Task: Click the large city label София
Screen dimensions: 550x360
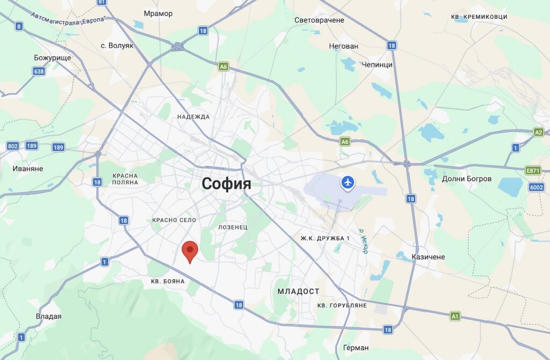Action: [x=226, y=184]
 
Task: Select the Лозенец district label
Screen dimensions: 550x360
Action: [x=233, y=227]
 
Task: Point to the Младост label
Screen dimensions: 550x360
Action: [x=298, y=291]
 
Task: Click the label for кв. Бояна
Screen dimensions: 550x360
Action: [x=168, y=281]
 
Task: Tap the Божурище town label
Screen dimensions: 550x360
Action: [x=52, y=57]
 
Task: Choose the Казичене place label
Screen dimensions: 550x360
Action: [x=428, y=257]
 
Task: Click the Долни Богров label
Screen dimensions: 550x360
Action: [x=467, y=178]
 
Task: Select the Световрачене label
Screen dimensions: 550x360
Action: [x=319, y=20]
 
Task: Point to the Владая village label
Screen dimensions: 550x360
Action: [x=48, y=316]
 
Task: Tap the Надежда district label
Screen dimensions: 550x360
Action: [x=193, y=117]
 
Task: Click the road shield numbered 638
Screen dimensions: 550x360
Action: [x=39, y=71]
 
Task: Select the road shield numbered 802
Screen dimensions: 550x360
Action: [x=13, y=146]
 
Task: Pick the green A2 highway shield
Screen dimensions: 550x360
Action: [x=538, y=132]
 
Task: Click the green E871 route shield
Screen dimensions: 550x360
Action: [x=532, y=170]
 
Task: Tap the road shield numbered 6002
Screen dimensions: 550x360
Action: [x=536, y=187]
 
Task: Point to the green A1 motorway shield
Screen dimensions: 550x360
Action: [x=455, y=316]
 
